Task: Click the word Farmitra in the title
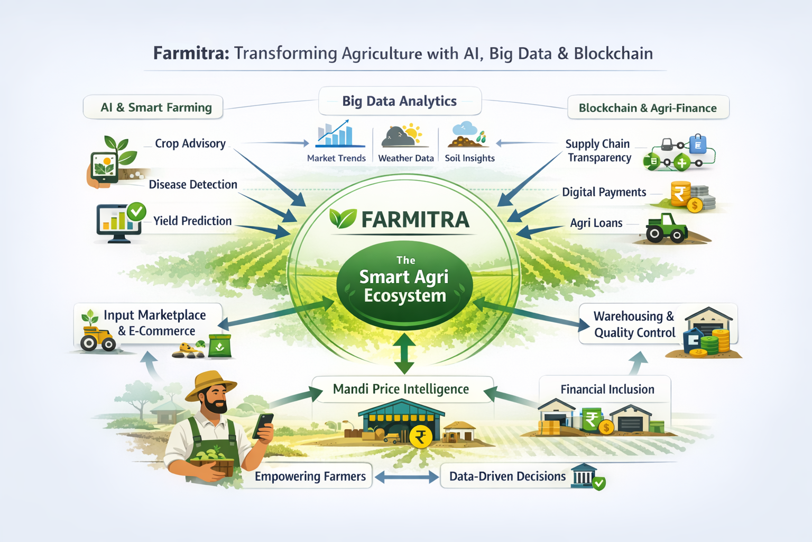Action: tap(191, 53)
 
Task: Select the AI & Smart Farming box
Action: tap(153, 107)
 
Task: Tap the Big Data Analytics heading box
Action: tap(400, 101)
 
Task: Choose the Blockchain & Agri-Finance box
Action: tap(648, 108)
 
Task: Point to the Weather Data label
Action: tap(406, 158)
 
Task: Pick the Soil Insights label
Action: tap(470, 158)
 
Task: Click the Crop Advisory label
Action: tap(190, 143)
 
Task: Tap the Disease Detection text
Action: tap(193, 185)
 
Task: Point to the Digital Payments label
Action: tap(604, 192)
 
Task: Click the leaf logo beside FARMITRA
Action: tap(343, 218)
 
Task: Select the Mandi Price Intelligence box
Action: tap(401, 390)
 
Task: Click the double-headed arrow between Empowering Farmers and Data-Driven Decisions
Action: tap(407, 477)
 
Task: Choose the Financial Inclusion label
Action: tap(607, 390)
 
